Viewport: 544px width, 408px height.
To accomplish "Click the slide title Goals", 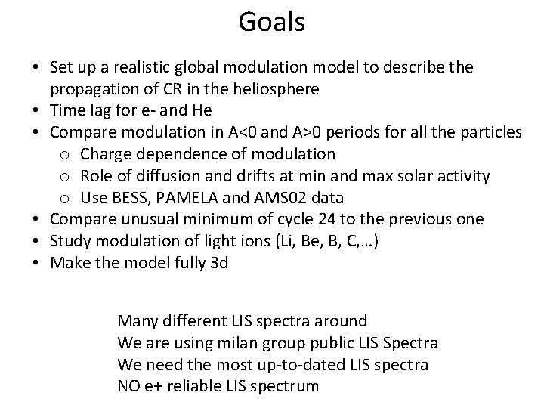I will tap(272, 22).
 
